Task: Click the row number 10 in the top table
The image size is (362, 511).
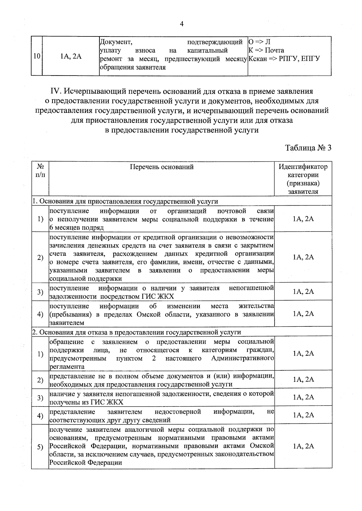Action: tap(37, 56)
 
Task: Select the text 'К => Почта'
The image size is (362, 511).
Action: tap(266, 50)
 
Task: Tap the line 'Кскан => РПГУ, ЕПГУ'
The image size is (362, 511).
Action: tap(284, 58)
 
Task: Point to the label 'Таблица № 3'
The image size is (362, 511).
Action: tap(308, 148)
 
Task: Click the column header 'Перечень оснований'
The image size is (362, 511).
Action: tap(162, 167)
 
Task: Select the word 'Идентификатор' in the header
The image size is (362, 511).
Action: tap(303, 167)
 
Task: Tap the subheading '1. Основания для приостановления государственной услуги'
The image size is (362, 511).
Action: tap(125, 201)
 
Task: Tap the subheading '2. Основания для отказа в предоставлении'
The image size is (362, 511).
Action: tap(137, 332)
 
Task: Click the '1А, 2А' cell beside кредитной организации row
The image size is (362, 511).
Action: tap(303, 257)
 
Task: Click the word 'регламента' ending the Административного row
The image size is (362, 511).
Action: tap(67, 367)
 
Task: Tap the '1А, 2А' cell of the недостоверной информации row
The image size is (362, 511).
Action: tap(303, 415)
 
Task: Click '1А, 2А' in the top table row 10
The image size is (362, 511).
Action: tap(71, 56)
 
